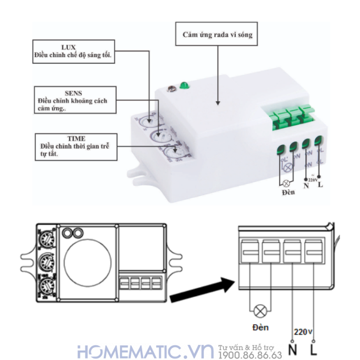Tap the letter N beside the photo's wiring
[x=306, y=186]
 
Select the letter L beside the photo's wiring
[x=321, y=184]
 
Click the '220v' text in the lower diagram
[x=303, y=332]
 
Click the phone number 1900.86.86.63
[x=250, y=355]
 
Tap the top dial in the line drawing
[x=46, y=236]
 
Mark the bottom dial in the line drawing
[x=46, y=285]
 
